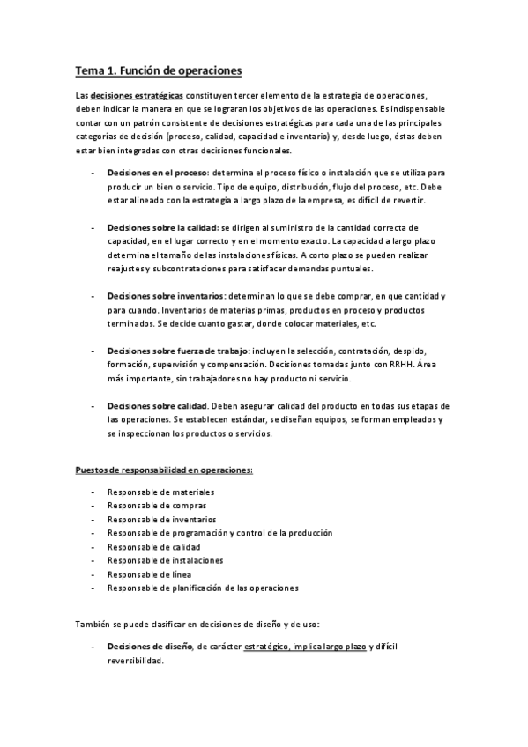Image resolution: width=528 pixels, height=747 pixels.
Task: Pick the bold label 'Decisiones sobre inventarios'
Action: click(165, 298)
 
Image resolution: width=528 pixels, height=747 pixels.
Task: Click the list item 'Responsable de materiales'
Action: click(160, 492)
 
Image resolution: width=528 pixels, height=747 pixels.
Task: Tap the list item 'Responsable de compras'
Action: click(157, 506)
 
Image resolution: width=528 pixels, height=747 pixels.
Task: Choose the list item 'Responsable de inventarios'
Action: click(161, 519)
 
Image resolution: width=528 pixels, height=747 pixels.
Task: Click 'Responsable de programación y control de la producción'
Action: click(219, 533)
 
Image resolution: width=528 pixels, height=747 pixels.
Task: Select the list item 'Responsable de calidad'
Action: click(154, 546)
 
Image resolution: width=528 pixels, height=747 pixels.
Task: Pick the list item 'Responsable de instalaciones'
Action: click(165, 559)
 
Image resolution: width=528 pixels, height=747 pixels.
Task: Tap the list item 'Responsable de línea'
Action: click(149, 573)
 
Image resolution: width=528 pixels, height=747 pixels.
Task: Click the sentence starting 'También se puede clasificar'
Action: click(197, 625)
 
